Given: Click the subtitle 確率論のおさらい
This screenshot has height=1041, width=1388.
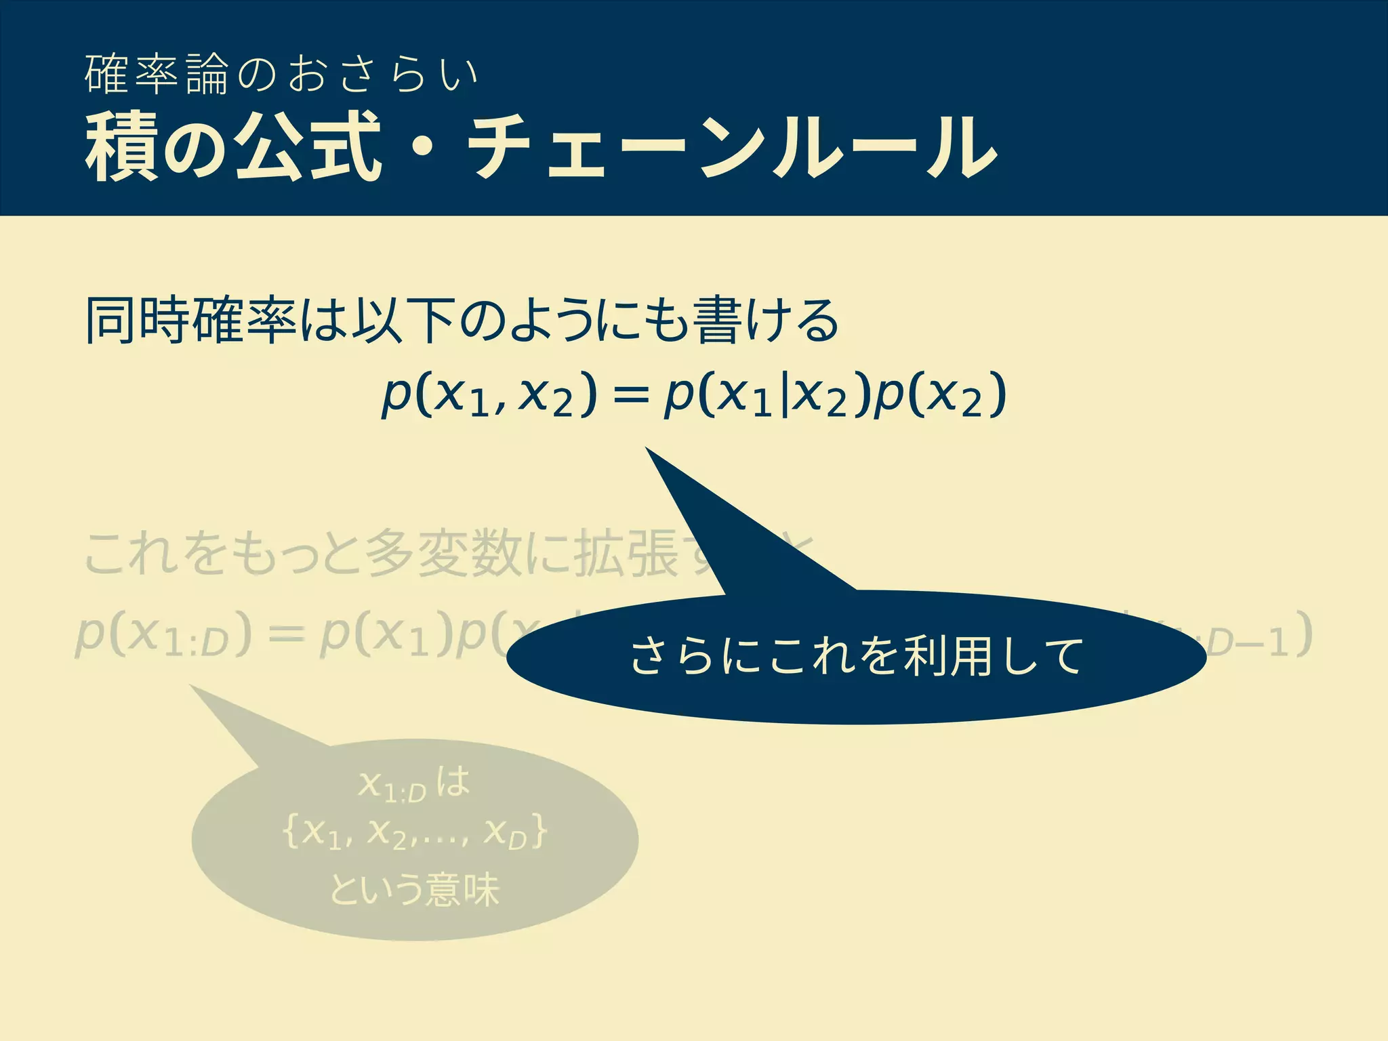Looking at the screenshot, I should click(x=281, y=75).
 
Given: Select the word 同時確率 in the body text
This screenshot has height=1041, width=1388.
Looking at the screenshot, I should click(x=191, y=320).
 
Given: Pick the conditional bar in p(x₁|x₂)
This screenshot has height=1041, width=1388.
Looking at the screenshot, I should click(x=785, y=396).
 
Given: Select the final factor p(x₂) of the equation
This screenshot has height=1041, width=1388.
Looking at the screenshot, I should click(x=939, y=396).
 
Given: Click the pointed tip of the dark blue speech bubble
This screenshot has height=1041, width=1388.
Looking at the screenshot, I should click(x=647, y=449).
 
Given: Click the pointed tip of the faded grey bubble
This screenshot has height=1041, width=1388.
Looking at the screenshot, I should click(x=192, y=687).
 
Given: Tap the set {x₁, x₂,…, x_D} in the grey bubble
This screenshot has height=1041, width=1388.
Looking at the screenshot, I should click(x=415, y=834).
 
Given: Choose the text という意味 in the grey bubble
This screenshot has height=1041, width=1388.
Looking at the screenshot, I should click(x=415, y=889).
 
